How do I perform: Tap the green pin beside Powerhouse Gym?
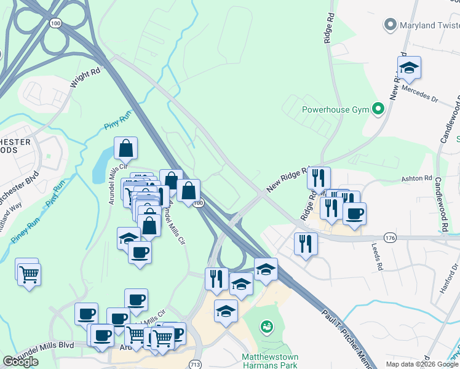pyautogui.click(x=379, y=110)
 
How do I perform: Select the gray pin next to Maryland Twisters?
pyautogui.click(x=389, y=25)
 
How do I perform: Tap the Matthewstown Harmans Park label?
pyautogui.click(x=270, y=360)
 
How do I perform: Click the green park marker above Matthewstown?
pyautogui.click(x=266, y=325)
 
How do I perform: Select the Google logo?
pyautogui.click(x=20, y=361)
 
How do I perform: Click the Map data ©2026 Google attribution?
pyautogui.click(x=422, y=364)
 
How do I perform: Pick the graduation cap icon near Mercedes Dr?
pyautogui.click(x=408, y=68)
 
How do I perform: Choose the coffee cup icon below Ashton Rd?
pyautogui.click(x=354, y=214)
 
